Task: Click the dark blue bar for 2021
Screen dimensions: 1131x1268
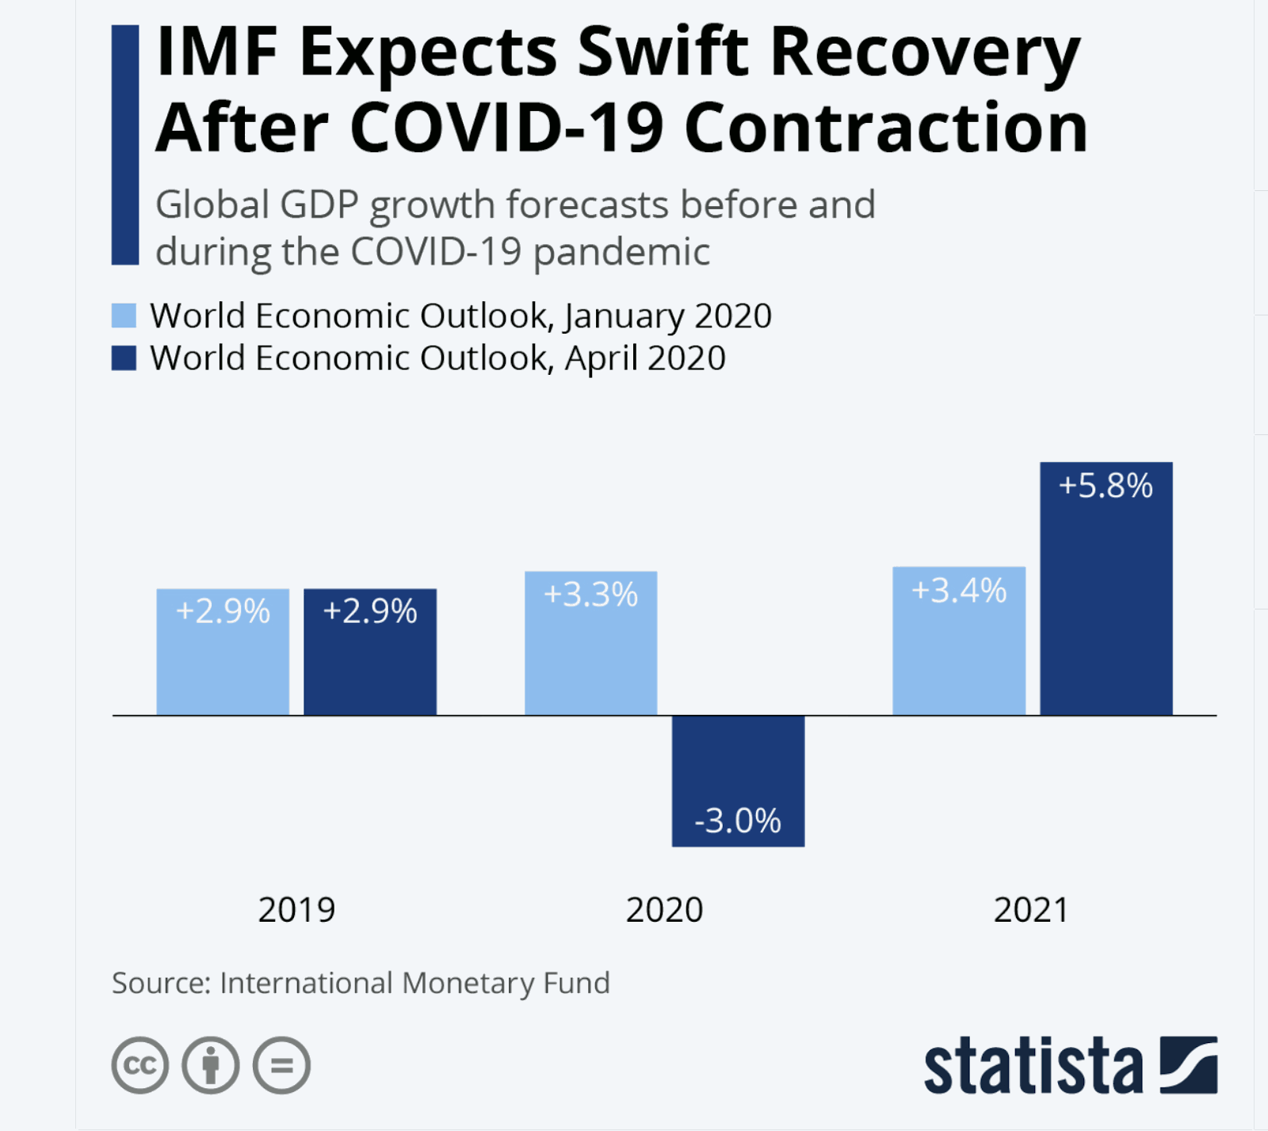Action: point(1106,602)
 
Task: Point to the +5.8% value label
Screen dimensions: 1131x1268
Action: point(1106,486)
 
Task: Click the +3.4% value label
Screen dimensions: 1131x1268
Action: point(959,591)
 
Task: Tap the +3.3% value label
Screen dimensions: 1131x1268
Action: point(590,595)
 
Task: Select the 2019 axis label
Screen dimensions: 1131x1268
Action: point(296,910)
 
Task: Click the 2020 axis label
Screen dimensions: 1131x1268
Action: point(664,910)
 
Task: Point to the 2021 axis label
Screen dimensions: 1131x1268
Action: point(1031,910)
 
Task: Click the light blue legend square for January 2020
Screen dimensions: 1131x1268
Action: point(124,315)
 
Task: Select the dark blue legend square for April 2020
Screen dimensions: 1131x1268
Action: point(124,358)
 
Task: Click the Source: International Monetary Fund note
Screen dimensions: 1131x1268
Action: point(361,983)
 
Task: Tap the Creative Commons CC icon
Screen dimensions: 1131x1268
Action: point(140,1065)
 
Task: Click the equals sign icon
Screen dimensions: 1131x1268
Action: point(281,1065)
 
